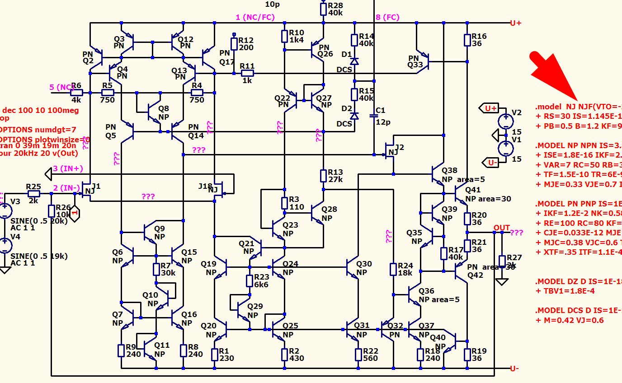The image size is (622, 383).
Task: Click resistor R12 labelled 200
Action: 234,44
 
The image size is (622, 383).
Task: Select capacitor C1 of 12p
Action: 374,116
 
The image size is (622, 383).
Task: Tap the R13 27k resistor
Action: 324,175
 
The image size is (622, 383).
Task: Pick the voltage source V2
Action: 505,121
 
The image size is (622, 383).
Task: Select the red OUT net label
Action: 502,228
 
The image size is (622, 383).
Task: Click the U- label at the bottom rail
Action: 514,369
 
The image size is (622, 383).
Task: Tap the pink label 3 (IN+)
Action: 68,169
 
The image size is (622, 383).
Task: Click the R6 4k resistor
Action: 76,93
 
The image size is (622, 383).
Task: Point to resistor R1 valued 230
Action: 215,354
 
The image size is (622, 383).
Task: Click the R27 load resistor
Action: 502,261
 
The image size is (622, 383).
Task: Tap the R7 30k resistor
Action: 156,270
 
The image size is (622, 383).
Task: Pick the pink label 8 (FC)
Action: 387,17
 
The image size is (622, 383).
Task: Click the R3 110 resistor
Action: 284,203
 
